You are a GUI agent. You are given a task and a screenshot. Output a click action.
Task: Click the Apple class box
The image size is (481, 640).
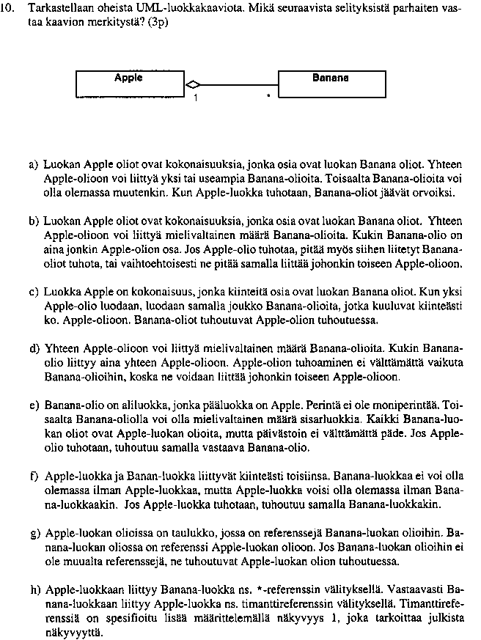[129, 83]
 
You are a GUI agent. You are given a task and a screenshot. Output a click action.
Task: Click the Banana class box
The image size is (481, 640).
[331, 83]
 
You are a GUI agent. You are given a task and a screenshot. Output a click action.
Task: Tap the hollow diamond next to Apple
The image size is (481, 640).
[192, 84]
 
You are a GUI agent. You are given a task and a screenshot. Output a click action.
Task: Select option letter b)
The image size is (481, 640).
[34, 220]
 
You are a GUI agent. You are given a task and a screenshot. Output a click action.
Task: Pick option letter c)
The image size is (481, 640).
[34, 292]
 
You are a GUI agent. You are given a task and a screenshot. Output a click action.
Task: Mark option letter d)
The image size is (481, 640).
[34, 347]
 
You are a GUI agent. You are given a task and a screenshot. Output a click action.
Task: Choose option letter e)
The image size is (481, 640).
[34, 404]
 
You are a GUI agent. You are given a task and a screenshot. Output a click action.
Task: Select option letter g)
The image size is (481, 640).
[34, 532]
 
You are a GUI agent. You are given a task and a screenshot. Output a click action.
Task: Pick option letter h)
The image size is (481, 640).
[34, 589]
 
